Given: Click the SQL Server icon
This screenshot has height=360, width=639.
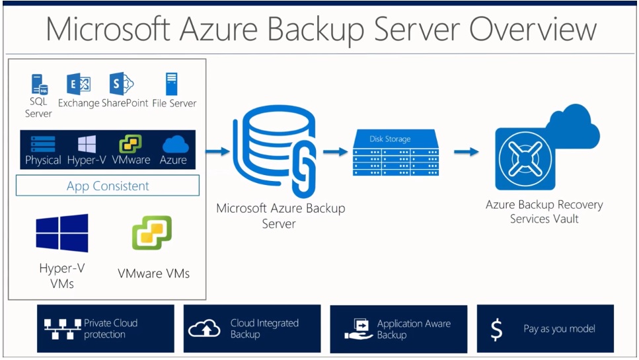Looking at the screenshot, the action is point(40,85).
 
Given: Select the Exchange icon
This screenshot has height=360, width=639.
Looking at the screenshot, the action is point(79,84).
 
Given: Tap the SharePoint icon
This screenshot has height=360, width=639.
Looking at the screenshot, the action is point(122,84).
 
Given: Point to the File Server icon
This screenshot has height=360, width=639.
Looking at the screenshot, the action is point(172,84).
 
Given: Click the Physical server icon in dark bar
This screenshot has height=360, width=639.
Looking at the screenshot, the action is point(43,145).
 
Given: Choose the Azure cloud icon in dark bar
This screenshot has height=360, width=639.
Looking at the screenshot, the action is point(176,145).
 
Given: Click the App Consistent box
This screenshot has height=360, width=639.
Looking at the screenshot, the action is point(108,186).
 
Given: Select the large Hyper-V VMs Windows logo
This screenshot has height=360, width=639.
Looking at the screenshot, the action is point(62,233).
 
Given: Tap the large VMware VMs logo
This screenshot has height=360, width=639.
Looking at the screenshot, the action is point(152,233).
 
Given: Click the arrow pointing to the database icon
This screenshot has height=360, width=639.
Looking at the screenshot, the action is point(217,151).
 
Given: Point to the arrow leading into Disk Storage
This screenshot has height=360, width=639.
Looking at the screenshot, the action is point(336,152).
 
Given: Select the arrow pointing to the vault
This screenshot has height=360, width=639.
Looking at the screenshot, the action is point(467,152).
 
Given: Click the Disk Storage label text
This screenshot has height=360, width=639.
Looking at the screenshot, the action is point(390,139).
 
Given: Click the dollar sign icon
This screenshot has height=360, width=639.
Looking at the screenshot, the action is point(496,329).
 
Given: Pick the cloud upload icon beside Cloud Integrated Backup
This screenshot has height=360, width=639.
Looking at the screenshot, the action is point(204,328).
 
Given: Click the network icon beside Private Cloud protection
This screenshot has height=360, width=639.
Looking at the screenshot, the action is point(62,329).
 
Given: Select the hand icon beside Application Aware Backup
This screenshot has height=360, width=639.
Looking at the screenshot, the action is point(358,329).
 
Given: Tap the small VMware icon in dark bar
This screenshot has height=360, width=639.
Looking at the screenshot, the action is point(130,144).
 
